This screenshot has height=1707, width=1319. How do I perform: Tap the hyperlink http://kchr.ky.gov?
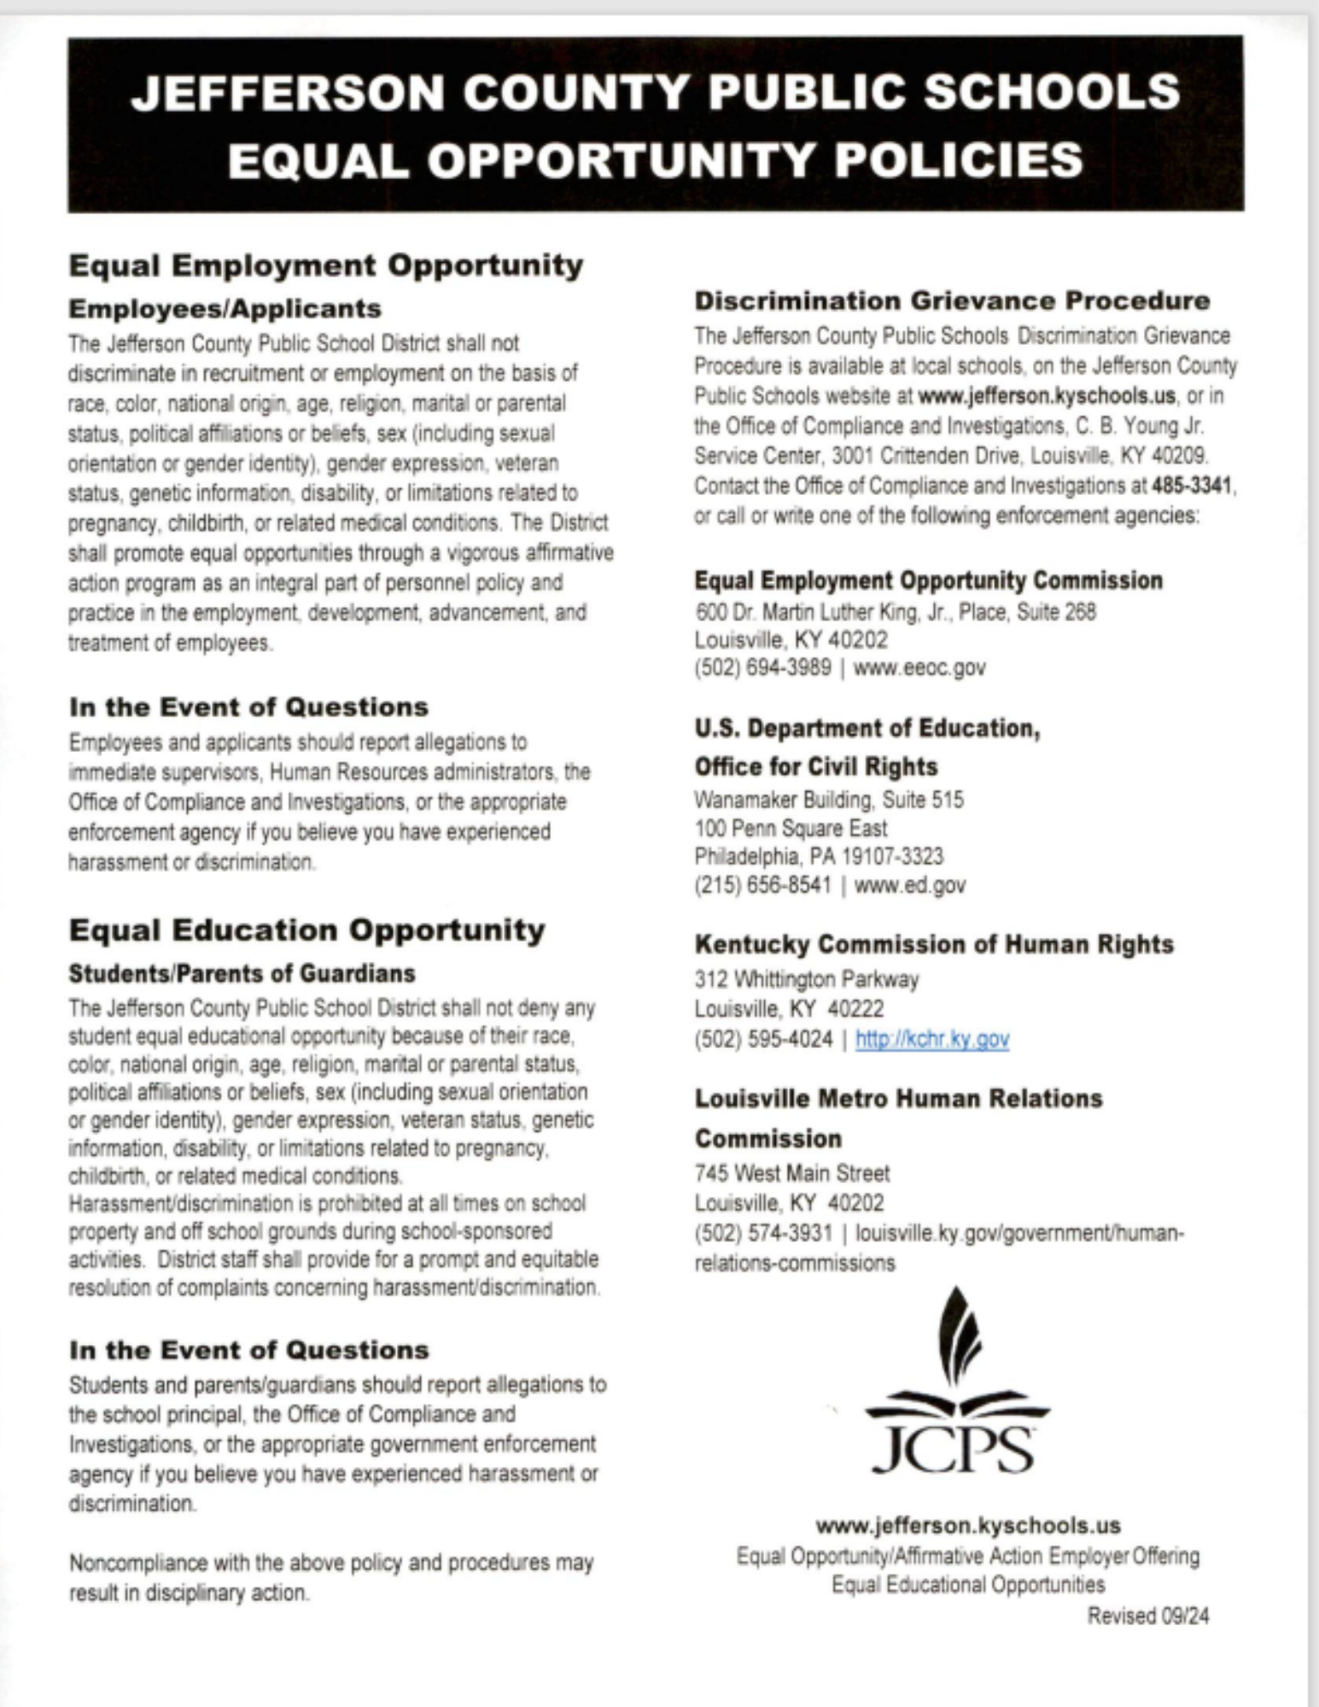tap(932, 1039)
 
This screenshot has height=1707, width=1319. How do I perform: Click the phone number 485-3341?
tap(1191, 486)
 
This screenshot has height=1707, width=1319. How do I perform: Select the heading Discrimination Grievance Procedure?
tap(952, 300)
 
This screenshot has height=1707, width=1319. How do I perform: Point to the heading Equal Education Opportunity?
tap(306, 929)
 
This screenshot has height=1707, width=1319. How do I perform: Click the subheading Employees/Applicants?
tap(225, 308)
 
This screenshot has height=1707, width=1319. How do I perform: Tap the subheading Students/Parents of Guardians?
tap(242, 973)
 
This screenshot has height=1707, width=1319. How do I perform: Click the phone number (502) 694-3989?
tap(762, 667)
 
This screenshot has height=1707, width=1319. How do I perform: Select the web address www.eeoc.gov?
tap(919, 667)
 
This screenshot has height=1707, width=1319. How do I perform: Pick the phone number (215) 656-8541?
tap(762, 885)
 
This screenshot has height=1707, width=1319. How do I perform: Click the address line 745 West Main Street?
tap(791, 1174)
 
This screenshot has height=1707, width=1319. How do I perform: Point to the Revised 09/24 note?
tap(1147, 1616)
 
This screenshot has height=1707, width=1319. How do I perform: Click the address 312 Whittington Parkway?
tap(806, 979)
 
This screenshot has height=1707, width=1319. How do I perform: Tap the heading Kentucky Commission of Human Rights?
tap(934, 944)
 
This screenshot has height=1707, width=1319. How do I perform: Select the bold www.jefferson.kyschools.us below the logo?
tap(968, 1525)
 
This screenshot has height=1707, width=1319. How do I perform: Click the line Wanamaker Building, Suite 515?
tap(828, 800)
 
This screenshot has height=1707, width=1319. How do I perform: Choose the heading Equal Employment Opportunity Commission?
tap(928, 580)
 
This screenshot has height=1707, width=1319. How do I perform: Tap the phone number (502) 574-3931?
tap(763, 1233)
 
